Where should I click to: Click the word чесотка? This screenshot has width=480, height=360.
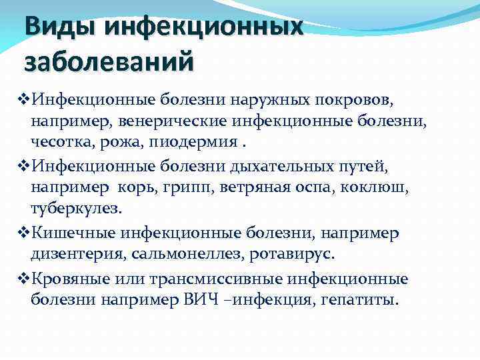pos(57,143)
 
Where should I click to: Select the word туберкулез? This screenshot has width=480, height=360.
pos(76,208)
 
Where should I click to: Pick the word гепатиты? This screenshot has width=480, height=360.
pos(363,301)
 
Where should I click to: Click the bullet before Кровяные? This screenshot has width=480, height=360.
pos(20,278)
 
